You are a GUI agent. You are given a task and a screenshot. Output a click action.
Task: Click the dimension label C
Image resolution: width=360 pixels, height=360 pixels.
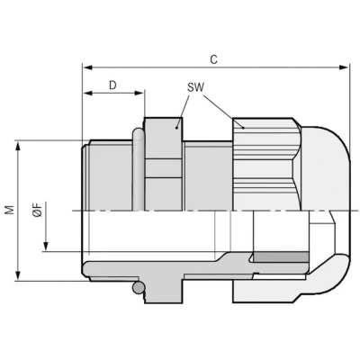(213, 59)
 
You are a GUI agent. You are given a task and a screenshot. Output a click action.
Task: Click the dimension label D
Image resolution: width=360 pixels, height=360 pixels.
(112, 85)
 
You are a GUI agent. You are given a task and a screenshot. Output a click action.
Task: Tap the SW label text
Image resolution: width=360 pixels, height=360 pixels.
(195, 87)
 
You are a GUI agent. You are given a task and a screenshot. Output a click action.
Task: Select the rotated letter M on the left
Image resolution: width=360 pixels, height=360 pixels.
(10, 210)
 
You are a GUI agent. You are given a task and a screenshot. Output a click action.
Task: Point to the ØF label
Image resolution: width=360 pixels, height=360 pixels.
(38, 210)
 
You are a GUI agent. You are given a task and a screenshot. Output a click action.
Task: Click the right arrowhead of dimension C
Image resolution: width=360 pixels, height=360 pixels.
(344, 67)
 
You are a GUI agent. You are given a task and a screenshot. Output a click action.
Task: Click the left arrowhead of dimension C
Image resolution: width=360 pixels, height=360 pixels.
(87, 67)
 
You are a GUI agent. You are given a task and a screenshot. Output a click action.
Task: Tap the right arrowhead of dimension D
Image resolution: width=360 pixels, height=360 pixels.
(139, 94)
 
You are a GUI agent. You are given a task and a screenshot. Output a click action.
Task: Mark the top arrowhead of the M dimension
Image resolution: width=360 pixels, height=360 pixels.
(18, 146)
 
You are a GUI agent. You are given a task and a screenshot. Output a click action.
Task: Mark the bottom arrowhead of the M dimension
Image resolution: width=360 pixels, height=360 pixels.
(18, 276)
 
